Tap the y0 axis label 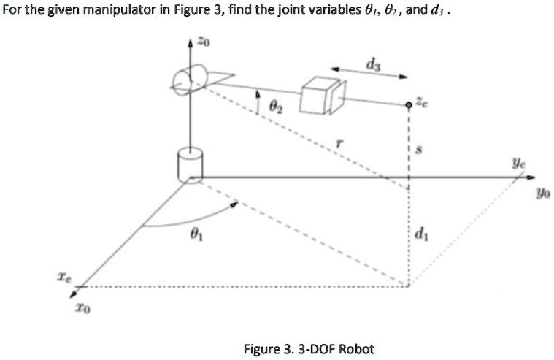point(541,195)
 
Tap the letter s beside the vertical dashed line point(418,150)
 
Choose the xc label point(66,277)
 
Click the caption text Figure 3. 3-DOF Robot point(309,348)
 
